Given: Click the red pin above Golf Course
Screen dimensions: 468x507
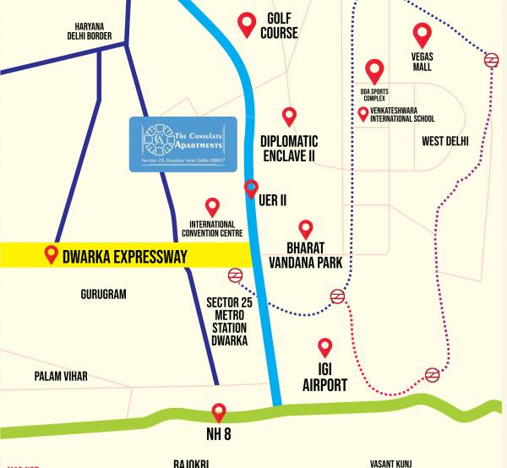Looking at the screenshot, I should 247,24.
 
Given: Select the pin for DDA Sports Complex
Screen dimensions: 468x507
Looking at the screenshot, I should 373,70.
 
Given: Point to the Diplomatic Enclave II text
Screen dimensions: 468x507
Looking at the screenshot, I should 288,148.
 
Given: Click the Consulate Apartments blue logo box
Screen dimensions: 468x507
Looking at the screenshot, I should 183,144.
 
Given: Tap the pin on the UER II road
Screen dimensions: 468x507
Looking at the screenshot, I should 251,188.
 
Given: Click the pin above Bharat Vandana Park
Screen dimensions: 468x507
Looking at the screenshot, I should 306,229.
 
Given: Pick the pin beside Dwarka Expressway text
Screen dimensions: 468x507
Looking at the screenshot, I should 52,253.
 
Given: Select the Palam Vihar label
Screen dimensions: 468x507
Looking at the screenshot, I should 61,376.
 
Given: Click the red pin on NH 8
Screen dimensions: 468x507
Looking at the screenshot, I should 219,411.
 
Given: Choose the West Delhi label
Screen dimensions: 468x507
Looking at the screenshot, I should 444,141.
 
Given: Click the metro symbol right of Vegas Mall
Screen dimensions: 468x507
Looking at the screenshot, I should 490,59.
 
